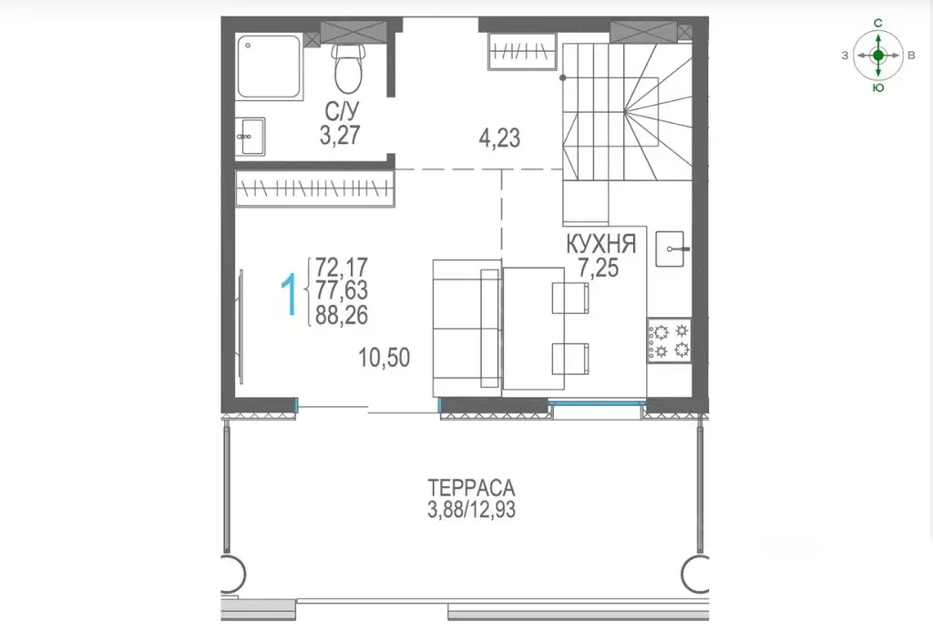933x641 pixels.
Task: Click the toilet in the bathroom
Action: click(348, 67)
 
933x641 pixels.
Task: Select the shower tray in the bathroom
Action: click(269, 66)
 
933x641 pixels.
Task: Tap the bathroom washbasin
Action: click(250, 137)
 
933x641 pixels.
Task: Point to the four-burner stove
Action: click(670, 341)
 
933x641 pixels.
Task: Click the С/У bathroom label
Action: click(343, 110)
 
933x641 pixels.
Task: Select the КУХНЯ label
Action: click(601, 244)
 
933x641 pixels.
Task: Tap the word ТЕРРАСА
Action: click(471, 488)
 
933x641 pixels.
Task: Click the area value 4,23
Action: click(499, 138)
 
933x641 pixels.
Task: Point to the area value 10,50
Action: click(384, 357)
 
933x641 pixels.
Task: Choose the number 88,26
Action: click(342, 314)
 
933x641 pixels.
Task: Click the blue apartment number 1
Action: click(289, 294)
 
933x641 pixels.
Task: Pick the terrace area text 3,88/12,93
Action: click(471, 510)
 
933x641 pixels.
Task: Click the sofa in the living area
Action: click(466, 328)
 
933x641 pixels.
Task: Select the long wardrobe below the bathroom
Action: click(314, 188)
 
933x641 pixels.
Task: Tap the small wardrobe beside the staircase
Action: click(522, 52)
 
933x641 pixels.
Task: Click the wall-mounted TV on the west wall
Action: click(241, 327)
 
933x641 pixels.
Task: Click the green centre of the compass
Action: click(878, 56)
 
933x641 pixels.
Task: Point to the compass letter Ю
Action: click(878, 87)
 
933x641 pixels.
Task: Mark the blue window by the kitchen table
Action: click(597, 402)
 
